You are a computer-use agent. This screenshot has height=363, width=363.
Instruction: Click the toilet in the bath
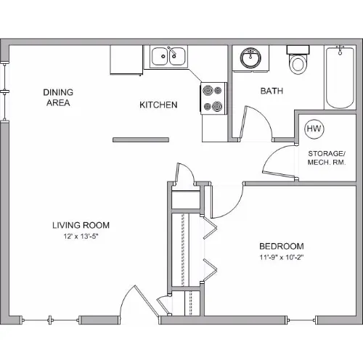tap(298, 60)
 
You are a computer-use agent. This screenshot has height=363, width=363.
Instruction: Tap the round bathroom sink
tap(250, 58)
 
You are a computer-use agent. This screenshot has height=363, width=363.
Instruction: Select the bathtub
tap(340, 78)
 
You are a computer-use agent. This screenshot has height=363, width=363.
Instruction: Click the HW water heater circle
tap(314, 129)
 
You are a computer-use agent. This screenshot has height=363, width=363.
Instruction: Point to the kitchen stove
tap(213, 98)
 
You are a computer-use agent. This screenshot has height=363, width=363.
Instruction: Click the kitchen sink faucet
tap(171, 52)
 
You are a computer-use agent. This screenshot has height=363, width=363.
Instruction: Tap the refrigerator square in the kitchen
tap(126, 60)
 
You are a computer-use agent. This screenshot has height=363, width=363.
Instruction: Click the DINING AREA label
tap(58, 97)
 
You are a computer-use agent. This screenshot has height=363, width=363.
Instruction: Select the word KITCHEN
tap(158, 105)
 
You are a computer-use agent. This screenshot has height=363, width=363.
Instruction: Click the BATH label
tap(272, 91)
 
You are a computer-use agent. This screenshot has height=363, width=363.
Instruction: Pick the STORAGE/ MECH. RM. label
tap(327, 158)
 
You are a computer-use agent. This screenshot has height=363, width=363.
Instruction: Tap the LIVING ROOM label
tap(81, 225)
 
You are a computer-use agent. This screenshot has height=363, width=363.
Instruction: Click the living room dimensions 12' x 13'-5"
tap(81, 236)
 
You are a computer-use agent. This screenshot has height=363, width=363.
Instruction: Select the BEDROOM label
tap(282, 246)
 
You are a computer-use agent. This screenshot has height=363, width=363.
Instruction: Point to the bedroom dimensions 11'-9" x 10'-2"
tap(282, 257)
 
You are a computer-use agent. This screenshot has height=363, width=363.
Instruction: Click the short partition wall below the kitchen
tap(141, 139)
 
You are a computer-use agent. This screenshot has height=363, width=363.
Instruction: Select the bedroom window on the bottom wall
tap(301, 320)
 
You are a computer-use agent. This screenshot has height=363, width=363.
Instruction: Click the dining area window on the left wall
tap(4, 91)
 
